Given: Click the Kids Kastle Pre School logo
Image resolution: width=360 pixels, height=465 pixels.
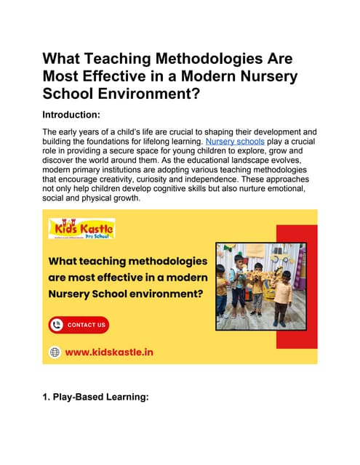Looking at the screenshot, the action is pos(81,228).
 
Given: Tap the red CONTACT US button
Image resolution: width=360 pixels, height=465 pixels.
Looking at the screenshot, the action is pos(79,325).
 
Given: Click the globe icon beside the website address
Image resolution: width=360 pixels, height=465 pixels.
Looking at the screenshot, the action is pos(54,352).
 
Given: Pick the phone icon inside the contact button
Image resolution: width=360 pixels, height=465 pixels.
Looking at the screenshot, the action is pos(57,325).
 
